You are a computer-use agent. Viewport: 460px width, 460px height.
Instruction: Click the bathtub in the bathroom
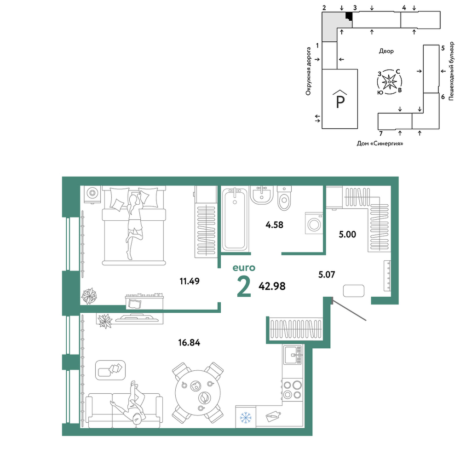click(235, 219)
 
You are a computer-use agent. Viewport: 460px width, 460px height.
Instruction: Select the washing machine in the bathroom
click(314, 223)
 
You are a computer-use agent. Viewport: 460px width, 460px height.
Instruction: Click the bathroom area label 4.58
click(274, 225)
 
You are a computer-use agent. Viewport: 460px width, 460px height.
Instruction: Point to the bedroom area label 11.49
click(190, 281)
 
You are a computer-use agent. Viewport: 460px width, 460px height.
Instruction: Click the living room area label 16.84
click(189, 342)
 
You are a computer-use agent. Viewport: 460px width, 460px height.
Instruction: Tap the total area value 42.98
click(272, 286)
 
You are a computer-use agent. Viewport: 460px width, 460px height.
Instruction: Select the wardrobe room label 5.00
click(347, 235)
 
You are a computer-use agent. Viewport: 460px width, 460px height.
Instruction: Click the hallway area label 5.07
click(327, 275)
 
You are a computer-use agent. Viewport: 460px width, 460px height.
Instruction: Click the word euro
click(244, 268)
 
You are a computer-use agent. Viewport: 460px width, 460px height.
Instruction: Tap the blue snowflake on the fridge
click(245, 418)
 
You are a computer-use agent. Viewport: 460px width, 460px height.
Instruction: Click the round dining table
click(198, 392)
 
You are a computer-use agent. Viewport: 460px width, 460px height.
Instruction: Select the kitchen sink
click(292, 355)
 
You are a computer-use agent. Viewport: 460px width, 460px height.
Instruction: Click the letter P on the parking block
click(340, 102)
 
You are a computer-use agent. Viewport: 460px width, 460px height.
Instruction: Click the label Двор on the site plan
click(386, 51)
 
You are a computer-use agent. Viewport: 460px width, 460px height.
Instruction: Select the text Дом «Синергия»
click(380, 144)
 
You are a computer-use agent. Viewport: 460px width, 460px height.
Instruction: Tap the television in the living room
click(137, 318)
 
